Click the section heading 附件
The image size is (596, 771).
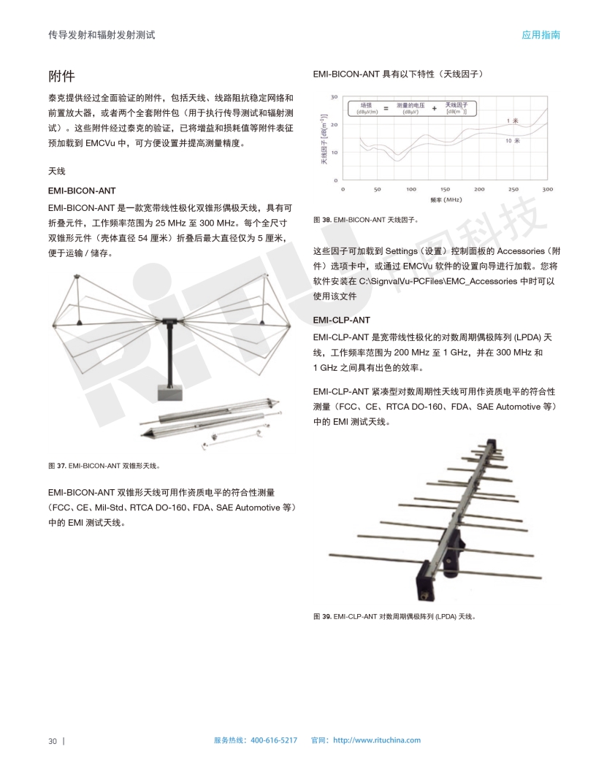click(x=61, y=76)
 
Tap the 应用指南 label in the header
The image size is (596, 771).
click(x=541, y=35)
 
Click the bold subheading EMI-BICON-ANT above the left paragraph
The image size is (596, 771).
click(x=82, y=191)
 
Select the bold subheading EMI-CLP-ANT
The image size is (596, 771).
click(x=342, y=320)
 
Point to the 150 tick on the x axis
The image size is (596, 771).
click(x=445, y=189)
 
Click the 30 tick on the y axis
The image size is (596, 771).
click(x=335, y=97)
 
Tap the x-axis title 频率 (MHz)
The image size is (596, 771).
click(x=446, y=199)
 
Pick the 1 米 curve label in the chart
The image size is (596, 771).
click(x=513, y=121)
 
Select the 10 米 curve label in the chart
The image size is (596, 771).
click(x=513, y=141)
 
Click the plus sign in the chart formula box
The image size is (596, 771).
click(x=434, y=108)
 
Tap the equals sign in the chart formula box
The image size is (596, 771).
click(x=386, y=108)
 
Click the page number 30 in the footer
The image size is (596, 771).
click(x=53, y=741)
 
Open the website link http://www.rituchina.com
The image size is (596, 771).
click(x=377, y=740)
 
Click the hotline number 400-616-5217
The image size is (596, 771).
click(x=274, y=740)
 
